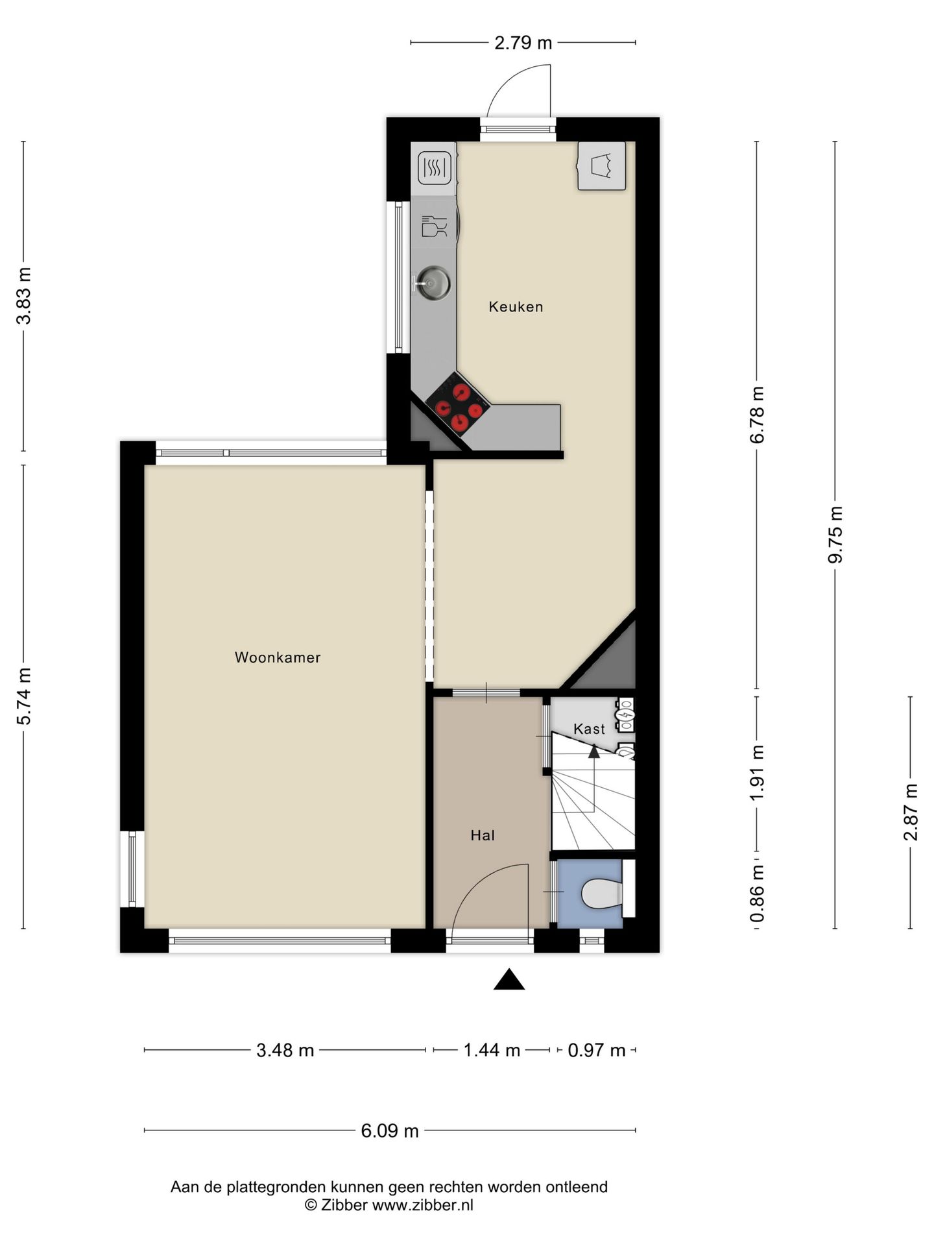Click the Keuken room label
516,306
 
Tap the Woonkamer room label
278,657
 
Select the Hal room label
483,835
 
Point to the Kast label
589,729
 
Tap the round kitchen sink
433,284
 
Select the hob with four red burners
459,408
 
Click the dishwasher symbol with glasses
434,226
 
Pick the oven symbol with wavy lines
435,168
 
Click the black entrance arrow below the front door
509,980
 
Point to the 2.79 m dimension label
523,43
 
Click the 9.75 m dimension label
837,534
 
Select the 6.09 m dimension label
390,1130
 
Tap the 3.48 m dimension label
285,1050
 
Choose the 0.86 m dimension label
757,893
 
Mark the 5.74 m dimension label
24,696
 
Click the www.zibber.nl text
422,1205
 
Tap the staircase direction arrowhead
593,751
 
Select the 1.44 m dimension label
492,1050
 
